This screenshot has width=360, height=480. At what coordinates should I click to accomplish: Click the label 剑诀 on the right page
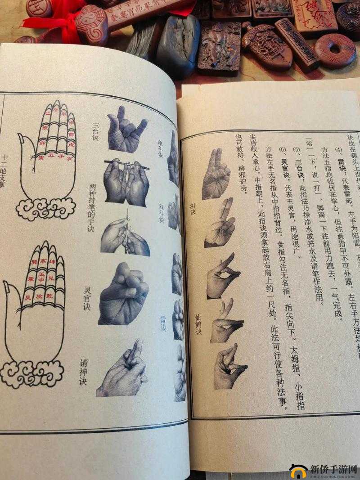click(x=193, y=209)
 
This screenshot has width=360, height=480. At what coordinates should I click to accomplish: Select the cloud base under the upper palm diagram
click(x=45, y=208)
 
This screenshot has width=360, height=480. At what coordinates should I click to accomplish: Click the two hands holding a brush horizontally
click(x=126, y=180)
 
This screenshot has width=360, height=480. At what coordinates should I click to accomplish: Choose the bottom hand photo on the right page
click(x=229, y=367)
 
